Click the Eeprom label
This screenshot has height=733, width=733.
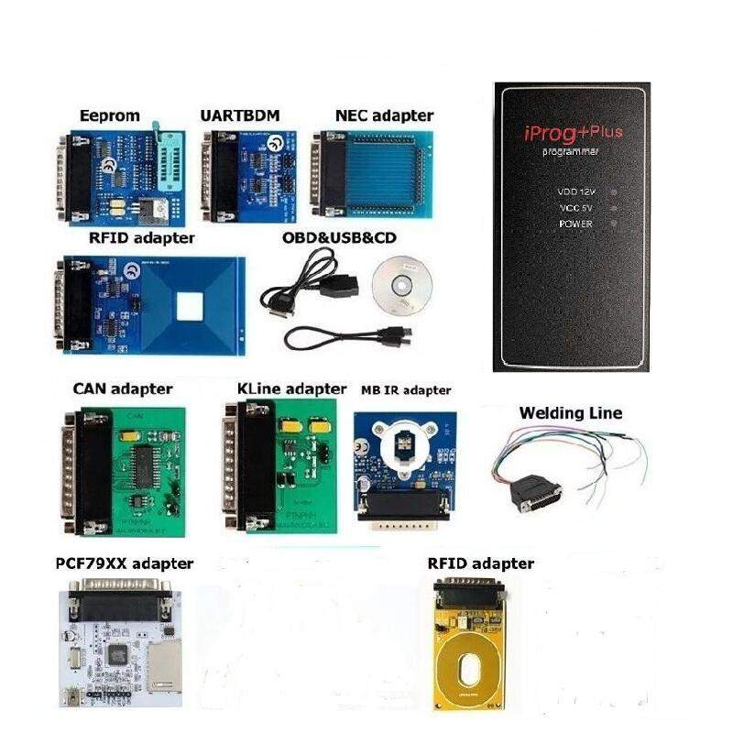click(x=109, y=115)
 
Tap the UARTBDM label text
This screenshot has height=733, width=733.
click(x=240, y=115)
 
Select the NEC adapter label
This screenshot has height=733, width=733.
click(x=384, y=115)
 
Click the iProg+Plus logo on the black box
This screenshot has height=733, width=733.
click(x=572, y=134)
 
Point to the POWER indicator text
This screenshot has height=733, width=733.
click(x=575, y=224)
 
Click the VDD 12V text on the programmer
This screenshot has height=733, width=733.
click(x=575, y=192)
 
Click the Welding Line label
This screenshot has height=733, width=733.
click(x=570, y=413)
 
